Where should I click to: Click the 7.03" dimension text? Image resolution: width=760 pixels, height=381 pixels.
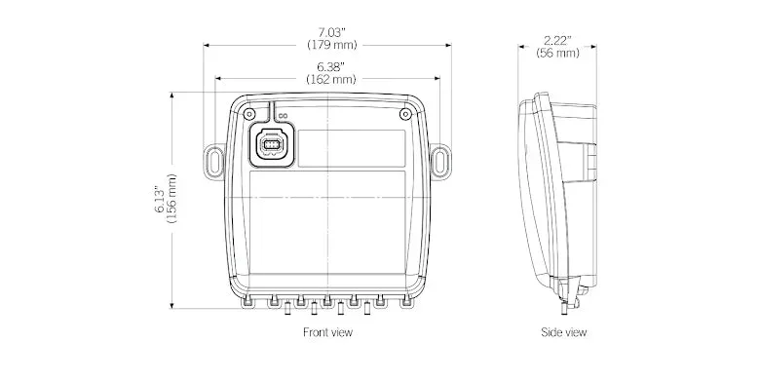(331, 33)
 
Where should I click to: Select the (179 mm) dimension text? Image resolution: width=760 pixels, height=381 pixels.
(332, 45)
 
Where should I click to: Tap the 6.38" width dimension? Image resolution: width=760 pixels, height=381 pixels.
(331, 66)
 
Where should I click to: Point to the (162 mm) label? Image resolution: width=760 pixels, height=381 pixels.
(331, 79)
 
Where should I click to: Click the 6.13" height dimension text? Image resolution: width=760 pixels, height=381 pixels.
(160, 199)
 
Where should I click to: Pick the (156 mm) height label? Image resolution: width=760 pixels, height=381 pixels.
(171, 199)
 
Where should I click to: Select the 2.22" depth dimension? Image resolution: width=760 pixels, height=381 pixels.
(557, 41)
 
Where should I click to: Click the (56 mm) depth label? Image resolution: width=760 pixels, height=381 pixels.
(557, 53)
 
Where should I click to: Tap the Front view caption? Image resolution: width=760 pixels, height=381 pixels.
(327, 332)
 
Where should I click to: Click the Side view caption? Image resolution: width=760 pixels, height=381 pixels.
(564, 332)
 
